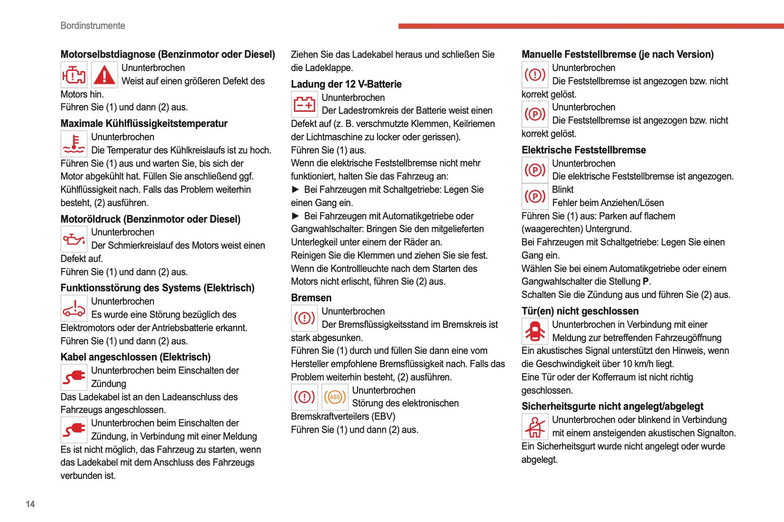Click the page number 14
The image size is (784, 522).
click(x=30, y=504)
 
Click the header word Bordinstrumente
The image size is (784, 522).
click(x=93, y=25)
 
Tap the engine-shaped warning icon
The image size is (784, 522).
click(x=73, y=75)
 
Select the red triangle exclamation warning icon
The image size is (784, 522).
click(x=104, y=75)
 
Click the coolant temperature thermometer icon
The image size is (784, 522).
click(x=73, y=144)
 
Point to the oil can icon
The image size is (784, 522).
click(x=73, y=239)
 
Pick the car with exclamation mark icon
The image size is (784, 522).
click(x=73, y=308)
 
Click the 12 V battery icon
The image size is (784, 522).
click(x=304, y=104)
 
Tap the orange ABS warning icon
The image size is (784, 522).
click(x=335, y=397)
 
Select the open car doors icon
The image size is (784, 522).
click(x=535, y=331)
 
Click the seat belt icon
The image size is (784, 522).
click(x=535, y=427)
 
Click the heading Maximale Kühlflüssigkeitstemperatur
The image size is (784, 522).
click(x=144, y=124)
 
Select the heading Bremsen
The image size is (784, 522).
click(x=311, y=298)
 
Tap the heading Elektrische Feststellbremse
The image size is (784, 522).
click(x=584, y=150)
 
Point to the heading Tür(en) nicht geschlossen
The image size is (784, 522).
click(x=580, y=311)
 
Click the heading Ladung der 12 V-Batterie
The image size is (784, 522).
click(x=346, y=84)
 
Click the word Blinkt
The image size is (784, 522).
click(x=563, y=190)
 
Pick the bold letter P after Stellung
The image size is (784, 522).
click(x=646, y=282)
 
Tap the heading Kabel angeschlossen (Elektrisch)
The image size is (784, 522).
click(x=136, y=357)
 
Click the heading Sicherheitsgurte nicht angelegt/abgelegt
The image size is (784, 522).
click(x=612, y=407)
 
